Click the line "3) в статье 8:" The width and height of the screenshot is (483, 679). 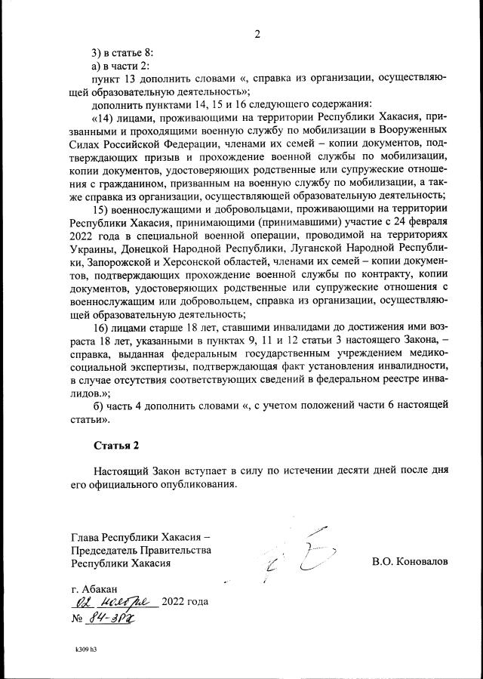pos(122,52)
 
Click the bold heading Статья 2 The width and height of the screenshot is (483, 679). pos(116,444)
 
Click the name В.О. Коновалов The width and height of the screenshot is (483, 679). pos(409,562)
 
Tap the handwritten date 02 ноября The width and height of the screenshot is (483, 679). pos(113,602)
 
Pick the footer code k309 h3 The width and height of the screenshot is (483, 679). pos(87,649)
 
